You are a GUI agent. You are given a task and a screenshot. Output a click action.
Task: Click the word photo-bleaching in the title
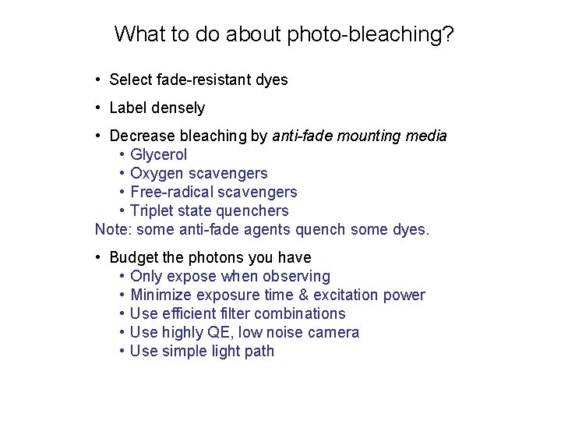(x=371, y=35)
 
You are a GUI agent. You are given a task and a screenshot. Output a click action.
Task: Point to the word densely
(x=179, y=108)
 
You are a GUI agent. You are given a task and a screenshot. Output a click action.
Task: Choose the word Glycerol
(x=159, y=154)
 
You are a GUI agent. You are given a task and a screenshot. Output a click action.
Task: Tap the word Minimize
(x=161, y=295)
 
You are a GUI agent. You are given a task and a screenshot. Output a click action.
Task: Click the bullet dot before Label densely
(x=99, y=108)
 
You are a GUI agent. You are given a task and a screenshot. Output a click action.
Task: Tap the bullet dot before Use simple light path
(x=122, y=351)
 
